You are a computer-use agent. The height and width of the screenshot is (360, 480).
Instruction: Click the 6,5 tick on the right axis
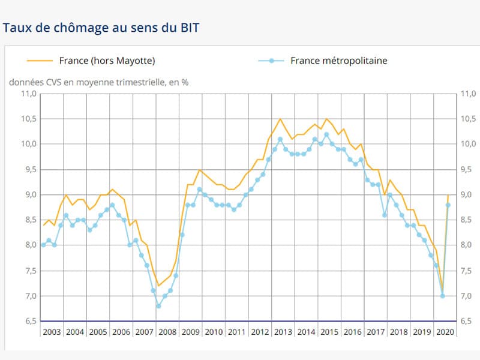pyautogui.click(x=468, y=322)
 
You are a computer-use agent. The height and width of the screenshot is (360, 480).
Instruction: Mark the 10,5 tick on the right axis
pyautogui.click(x=468, y=119)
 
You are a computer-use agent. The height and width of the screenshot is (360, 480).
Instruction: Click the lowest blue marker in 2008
pyautogui.click(x=158, y=306)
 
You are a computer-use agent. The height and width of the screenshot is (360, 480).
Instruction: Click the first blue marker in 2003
pyautogui.click(x=43, y=245)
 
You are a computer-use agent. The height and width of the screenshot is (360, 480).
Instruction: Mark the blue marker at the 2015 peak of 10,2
pyautogui.click(x=326, y=134)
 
